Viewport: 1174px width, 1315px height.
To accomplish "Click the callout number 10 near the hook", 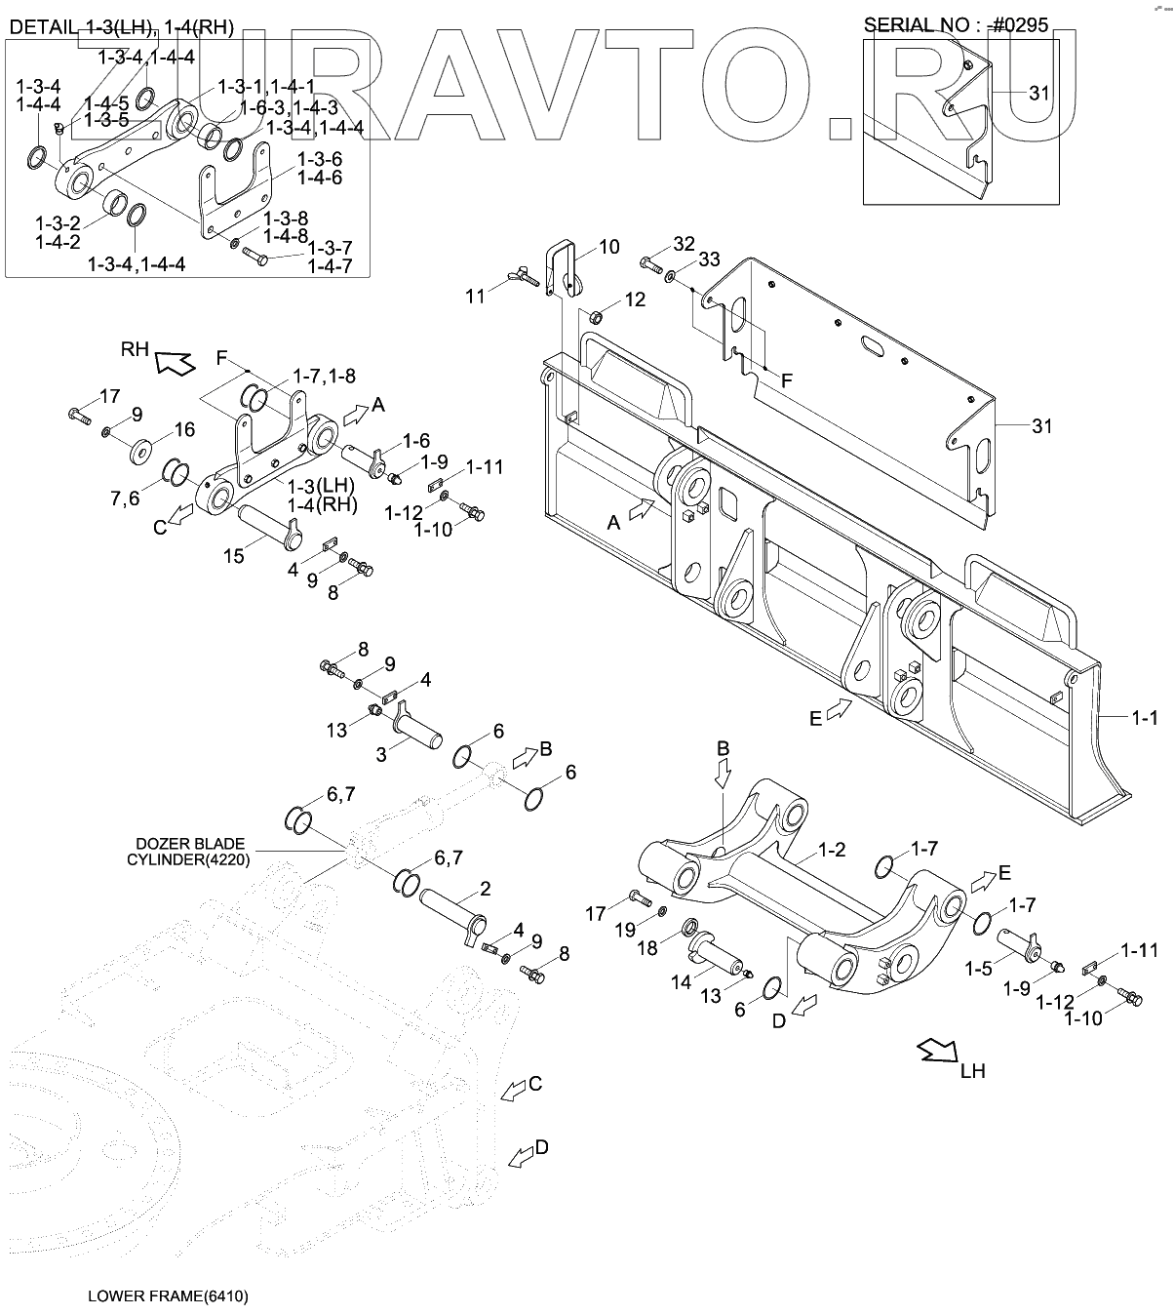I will [608, 247].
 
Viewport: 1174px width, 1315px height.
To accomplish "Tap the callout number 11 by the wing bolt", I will [475, 297].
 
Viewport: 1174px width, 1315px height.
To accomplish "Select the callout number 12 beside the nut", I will [635, 299].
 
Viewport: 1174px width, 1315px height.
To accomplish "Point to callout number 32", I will [684, 243].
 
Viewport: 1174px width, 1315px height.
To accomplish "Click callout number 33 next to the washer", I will [709, 259].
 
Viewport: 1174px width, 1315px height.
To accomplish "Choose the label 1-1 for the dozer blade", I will [1145, 719].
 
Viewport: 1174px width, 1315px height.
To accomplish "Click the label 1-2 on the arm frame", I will [832, 850].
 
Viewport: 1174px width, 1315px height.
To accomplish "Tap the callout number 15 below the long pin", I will [234, 555].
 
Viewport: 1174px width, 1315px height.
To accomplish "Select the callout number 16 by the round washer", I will [184, 429].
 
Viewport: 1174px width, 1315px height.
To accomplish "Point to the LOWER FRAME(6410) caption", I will [168, 1296].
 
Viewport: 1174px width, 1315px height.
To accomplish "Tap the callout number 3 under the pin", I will [382, 754].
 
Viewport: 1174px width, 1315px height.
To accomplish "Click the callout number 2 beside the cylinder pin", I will [485, 889].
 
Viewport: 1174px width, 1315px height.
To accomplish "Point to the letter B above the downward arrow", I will [724, 749].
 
